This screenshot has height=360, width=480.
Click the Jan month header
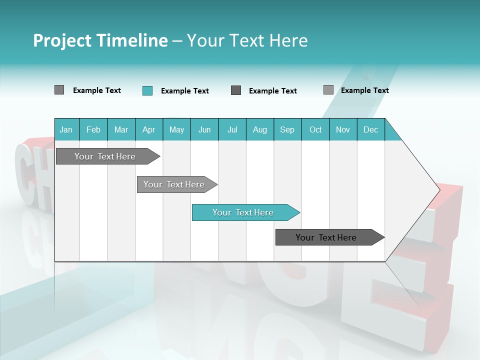66,129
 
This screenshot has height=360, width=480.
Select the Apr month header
149,129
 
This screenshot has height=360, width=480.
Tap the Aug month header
259,129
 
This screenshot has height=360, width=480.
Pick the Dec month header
370,129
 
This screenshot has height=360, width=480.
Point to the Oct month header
315,129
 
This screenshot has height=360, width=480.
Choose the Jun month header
204,129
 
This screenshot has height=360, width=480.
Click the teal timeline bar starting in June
243,212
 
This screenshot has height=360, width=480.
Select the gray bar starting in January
105,156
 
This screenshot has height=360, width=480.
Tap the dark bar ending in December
326,237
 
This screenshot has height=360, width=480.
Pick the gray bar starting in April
174,184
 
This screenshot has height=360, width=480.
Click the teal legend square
147,90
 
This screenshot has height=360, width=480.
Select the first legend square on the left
59,90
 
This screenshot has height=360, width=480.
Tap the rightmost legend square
328,90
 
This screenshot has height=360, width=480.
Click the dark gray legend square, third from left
236,90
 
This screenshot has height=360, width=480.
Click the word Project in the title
62,40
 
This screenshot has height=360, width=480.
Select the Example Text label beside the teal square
185,91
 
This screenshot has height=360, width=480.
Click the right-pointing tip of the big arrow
438,189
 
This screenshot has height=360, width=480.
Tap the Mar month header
121,129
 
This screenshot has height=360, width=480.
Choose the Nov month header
343,129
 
